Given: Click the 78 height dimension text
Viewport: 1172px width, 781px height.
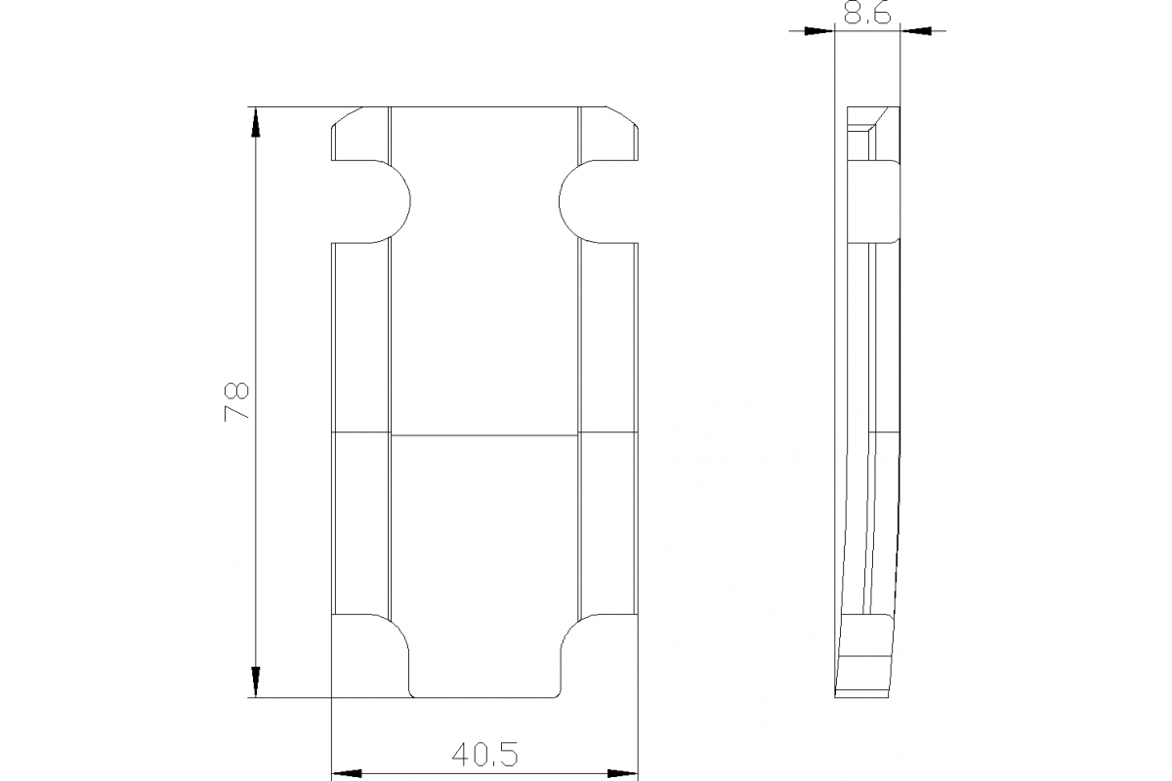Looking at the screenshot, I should point(237,401).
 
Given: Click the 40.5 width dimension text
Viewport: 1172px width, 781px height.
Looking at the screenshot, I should point(484,754).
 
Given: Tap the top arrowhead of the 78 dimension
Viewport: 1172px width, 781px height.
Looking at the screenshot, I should point(256,123).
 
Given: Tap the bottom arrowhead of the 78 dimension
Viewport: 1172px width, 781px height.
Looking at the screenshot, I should point(256,680).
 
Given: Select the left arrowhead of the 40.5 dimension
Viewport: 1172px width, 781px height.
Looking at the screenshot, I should point(348,772).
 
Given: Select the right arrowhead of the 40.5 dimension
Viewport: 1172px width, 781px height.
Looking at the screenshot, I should point(622,772).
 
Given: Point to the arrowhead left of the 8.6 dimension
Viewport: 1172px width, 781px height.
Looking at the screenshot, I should point(818,32).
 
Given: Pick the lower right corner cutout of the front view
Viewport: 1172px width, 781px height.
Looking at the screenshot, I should point(601,656).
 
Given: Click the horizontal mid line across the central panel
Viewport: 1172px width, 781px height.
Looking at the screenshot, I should point(484,432).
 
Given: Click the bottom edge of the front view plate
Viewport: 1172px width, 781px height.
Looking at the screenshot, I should point(484,697).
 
